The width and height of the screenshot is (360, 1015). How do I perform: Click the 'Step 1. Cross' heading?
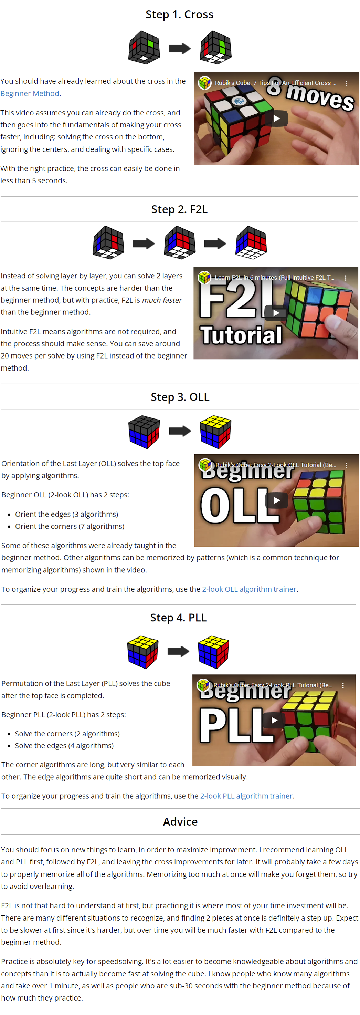(179, 14)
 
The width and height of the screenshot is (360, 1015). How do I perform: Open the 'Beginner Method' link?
(30, 93)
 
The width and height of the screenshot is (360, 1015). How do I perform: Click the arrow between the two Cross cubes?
(180, 49)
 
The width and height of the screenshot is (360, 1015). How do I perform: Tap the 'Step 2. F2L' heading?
(179, 209)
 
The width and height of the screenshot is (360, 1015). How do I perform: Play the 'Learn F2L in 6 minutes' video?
(276, 313)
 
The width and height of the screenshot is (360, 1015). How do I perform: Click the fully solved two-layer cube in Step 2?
(251, 242)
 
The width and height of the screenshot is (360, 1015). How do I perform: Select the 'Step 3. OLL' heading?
(180, 397)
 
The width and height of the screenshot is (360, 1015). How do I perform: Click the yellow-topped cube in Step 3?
(215, 432)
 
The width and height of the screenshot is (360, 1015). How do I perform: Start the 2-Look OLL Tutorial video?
(276, 500)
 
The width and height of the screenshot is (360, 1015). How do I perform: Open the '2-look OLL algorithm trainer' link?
(249, 589)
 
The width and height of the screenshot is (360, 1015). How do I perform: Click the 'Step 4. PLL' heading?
(178, 618)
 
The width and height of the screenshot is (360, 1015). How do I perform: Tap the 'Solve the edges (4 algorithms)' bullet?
(64, 745)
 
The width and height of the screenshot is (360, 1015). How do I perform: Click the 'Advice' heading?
(180, 821)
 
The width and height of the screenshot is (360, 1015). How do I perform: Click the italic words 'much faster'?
(161, 300)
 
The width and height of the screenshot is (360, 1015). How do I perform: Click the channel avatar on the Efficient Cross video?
(204, 83)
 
